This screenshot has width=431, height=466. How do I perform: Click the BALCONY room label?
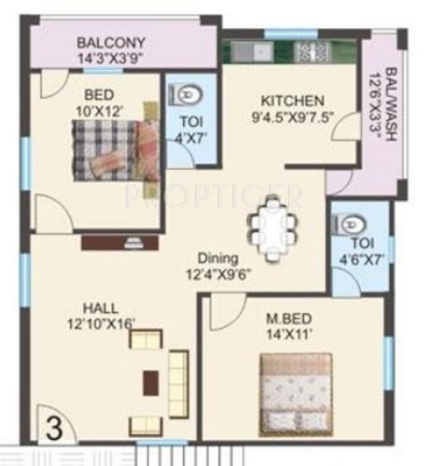(110, 43)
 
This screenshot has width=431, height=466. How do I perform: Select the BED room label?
(99, 95)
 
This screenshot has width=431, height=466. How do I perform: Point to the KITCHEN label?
(293, 101)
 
